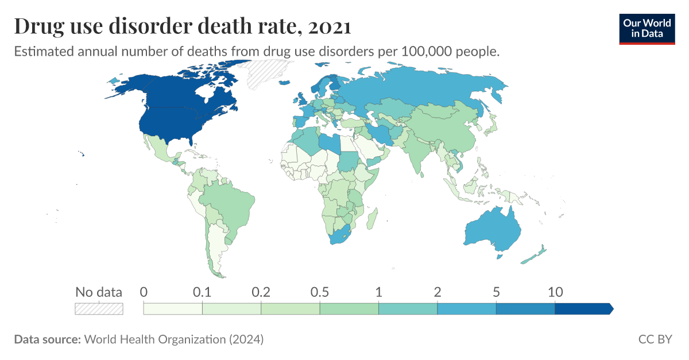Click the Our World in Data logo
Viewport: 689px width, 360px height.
(x=647, y=28)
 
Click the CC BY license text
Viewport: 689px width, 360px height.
(x=655, y=339)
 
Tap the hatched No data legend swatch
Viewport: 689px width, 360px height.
(x=99, y=308)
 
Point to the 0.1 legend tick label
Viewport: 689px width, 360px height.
(x=202, y=292)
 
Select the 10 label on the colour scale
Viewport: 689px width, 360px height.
(x=555, y=292)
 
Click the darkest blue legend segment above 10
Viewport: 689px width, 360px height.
(x=583, y=308)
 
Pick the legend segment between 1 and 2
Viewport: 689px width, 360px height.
(x=408, y=308)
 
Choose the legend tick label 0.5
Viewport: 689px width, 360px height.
(x=319, y=292)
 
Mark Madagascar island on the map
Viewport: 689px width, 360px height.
(x=372, y=218)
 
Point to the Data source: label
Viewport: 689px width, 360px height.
(x=47, y=339)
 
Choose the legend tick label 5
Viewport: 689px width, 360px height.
(x=496, y=292)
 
